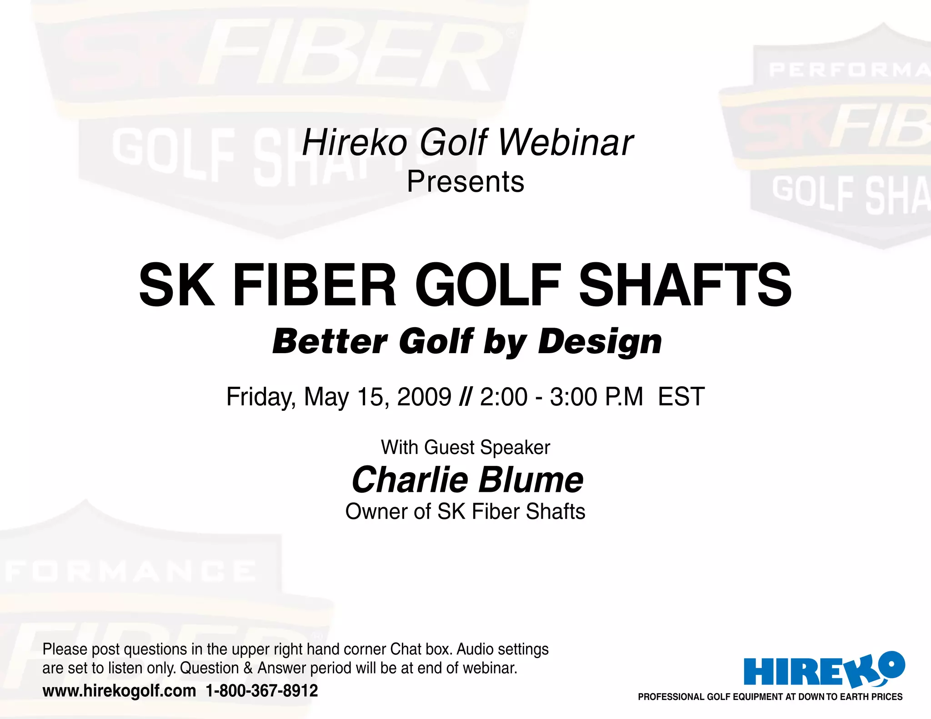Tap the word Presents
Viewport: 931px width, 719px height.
pos(465,182)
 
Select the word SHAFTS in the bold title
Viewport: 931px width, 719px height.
pos(685,285)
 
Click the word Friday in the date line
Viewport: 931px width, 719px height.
pos(261,397)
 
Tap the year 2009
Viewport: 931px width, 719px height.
pos(424,397)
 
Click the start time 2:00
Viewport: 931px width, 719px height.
pos(504,397)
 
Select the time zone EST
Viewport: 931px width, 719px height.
pos(681,397)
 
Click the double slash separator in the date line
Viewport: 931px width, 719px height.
pos(465,397)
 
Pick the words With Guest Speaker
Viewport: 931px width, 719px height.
pos(465,448)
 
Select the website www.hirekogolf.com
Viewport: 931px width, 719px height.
pos(119,691)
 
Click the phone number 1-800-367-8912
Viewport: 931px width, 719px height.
pos(262,691)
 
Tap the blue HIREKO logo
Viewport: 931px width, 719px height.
pos(823,669)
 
